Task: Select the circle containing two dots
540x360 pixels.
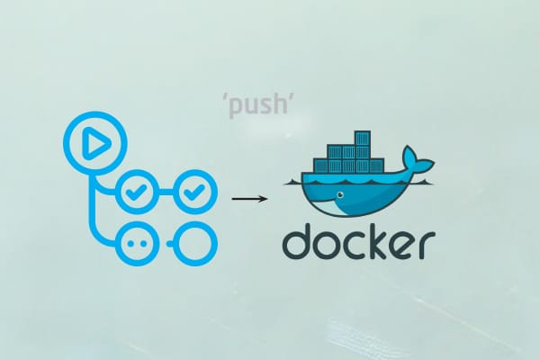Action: click(x=139, y=243)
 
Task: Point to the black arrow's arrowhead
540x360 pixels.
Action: click(x=262, y=196)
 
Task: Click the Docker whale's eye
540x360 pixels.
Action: click(x=338, y=193)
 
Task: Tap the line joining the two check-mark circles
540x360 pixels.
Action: click(x=166, y=191)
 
